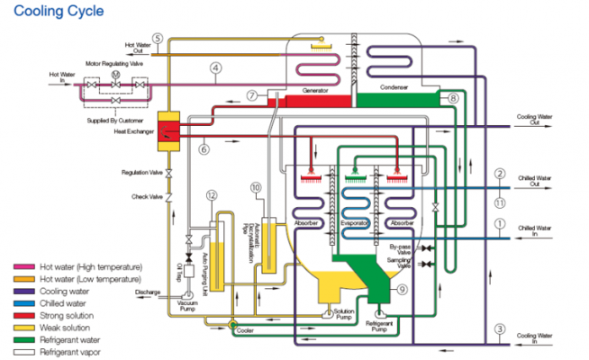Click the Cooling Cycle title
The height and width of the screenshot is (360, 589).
52,12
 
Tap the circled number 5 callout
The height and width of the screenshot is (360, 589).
157,38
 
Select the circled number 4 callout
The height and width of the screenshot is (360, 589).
215,67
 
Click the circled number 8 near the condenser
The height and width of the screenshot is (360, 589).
453,97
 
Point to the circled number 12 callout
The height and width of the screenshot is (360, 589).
211,195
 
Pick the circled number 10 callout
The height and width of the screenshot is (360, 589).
256,187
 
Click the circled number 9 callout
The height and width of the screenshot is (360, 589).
402,289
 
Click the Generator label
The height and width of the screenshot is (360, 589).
314,91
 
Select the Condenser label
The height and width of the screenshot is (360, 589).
394,87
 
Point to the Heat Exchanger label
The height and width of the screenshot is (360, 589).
133,131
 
